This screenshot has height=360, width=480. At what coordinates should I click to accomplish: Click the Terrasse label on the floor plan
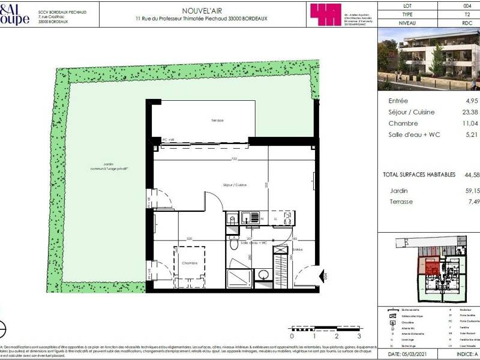click(217, 121)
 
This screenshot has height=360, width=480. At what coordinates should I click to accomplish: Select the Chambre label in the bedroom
click(191, 262)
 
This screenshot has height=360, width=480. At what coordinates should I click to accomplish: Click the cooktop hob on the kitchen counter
click(287, 218)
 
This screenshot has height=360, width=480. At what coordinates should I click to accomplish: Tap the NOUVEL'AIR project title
click(200, 10)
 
